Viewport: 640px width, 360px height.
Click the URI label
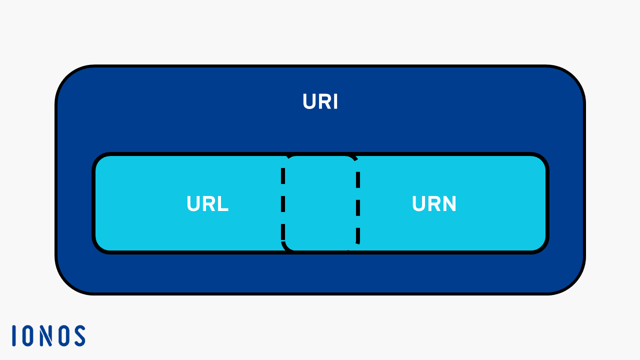(320, 102)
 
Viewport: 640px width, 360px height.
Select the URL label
(207, 204)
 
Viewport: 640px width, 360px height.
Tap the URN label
(434, 204)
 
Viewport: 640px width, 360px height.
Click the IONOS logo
(48, 335)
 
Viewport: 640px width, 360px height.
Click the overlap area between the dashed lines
(320, 204)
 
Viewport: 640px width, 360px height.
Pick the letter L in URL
(223, 204)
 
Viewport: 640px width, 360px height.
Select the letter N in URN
(449, 204)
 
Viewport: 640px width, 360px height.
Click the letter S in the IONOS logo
(79, 335)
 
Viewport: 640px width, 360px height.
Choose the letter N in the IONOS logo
(46, 335)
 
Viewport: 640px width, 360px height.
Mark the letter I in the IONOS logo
(14, 335)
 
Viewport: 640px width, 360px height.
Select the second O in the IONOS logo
(63, 335)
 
